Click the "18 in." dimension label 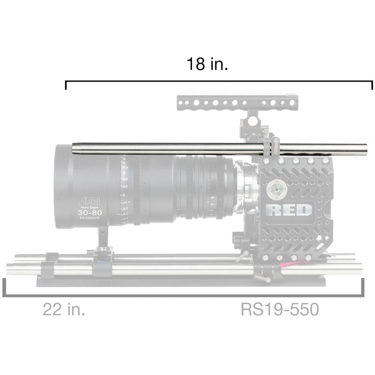click(207, 64)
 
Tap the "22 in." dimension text click(63, 310)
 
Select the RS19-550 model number click(279, 310)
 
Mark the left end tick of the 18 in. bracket click(66, 85)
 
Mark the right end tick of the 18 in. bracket click(372, 85)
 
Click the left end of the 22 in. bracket click(4, 287)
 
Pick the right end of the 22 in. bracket click(363, 287)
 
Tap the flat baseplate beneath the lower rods click(180, 282)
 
